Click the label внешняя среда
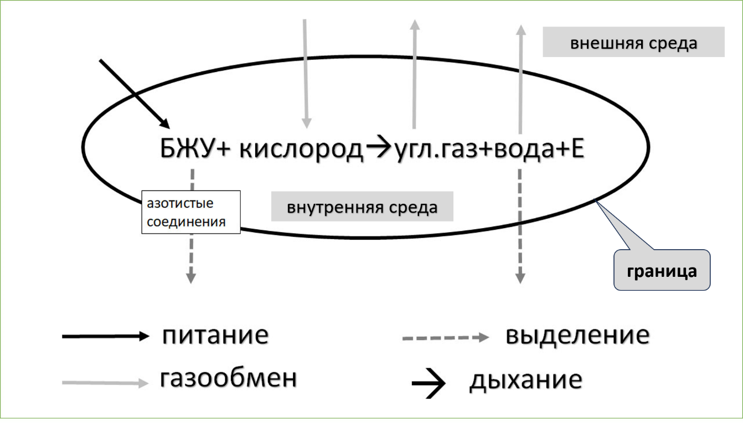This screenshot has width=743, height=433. (x=633, y=44)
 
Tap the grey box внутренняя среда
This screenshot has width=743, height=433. (x=362, y=207)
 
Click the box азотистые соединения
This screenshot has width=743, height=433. (x=190, y=212)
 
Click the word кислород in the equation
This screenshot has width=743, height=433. (x=301, y=150)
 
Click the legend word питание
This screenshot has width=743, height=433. (x=215, y=336)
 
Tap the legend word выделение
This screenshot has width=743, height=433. (x=577, y=336)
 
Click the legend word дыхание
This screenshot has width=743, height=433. (x=525, y=380)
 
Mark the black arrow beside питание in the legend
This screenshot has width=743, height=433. (x=105, y=336)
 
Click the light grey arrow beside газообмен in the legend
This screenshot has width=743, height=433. (x=105, y=382)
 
